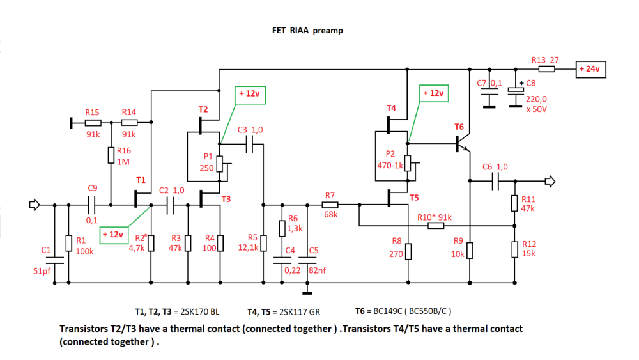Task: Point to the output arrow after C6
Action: click(549, 182)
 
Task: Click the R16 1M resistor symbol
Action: click(111, 155)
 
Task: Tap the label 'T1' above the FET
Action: click(141, 180)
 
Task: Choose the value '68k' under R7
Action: click(330, 215)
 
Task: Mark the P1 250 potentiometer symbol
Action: click(220, 164)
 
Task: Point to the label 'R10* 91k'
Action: click(435, 217)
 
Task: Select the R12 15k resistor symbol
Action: click(515, 249)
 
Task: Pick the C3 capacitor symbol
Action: click(257, 146)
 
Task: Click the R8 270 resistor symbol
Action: click(408, 251)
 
